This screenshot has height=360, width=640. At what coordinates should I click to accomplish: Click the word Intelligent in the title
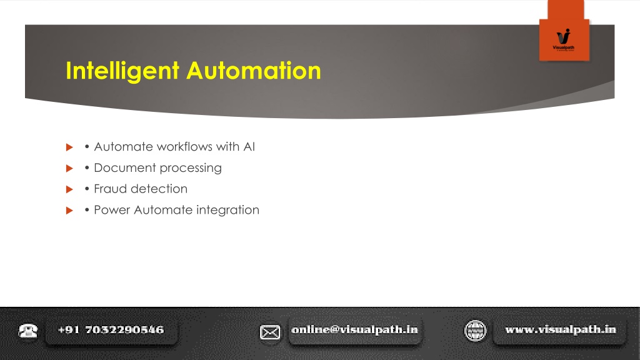[x=122, y=71]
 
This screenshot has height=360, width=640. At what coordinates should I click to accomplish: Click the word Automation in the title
[x=254, y=70]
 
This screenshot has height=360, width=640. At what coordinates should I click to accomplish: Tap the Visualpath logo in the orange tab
[x=563, y=39]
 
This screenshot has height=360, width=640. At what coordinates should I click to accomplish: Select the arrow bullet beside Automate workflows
[x=69, y=147]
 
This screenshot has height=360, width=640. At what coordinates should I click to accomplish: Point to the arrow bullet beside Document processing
[x=69, y=168]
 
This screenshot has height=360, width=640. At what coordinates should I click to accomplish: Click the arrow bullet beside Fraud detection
[x=69, y=189]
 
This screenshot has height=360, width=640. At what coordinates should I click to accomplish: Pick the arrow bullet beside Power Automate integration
[x=69, y=210]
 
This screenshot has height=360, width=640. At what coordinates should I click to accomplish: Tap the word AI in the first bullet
[x=249, y=146]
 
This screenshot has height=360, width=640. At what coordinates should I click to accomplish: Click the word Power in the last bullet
[x=112, y=210]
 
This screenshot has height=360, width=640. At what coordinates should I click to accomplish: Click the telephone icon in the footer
[x=27, y=330]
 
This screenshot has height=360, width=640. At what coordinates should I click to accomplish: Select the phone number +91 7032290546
[x=111, y=330]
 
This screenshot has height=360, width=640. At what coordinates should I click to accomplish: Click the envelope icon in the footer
[x=270, y=332]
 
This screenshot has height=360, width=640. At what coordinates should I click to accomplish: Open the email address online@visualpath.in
[x=355, y=329]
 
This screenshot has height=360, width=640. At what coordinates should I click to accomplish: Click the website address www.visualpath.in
[x=561, y=329]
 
